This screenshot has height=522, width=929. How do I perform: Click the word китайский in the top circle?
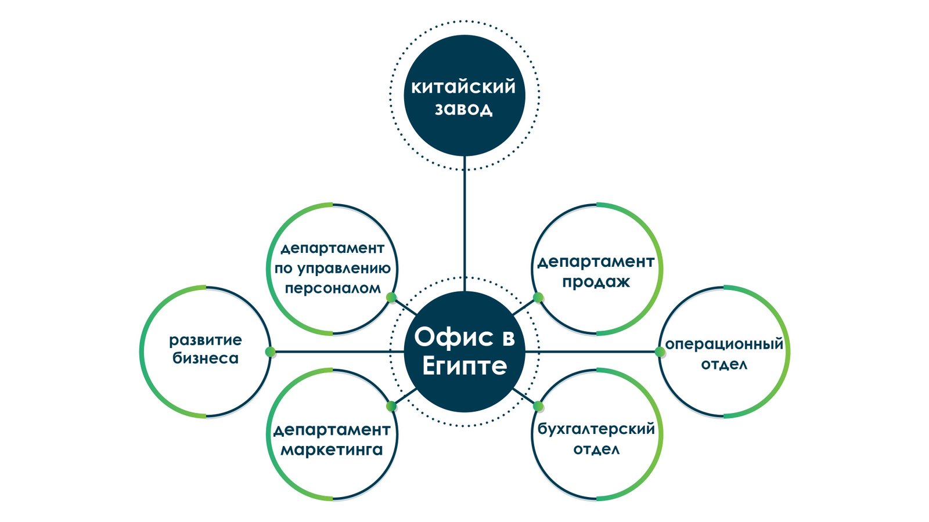[x=463, y=87]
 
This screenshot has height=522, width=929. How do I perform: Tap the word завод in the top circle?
[x=463, y=108]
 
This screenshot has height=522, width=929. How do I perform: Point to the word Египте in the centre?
[x=464, y=366]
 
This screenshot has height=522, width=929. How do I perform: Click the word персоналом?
[x=333, y=288]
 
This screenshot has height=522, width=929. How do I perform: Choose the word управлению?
[x=344, y=269]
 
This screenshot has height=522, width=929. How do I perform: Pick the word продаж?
[x=596, y=282]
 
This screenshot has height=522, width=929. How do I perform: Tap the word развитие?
[x=206, y=340]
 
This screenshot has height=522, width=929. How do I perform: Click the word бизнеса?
[x=206, y=358]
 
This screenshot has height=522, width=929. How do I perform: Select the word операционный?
[x=724, y=345]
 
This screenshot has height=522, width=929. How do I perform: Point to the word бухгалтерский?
[x=596, y=429]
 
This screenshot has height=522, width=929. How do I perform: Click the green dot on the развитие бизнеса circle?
[x=270, y=351]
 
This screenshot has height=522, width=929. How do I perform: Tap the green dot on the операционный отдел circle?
[x=660, y=351]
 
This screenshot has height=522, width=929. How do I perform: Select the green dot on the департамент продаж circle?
[x=538, y=298]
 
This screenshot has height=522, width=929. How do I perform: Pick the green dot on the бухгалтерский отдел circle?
[x=538, y=406]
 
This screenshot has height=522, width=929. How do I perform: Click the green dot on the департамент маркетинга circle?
[x=391, y=406]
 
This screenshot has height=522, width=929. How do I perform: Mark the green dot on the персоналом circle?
[x=391, y=298]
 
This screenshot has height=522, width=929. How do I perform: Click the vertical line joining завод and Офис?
[x=464, y=226]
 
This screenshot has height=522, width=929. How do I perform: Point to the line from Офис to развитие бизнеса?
[x=337, y=351]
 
